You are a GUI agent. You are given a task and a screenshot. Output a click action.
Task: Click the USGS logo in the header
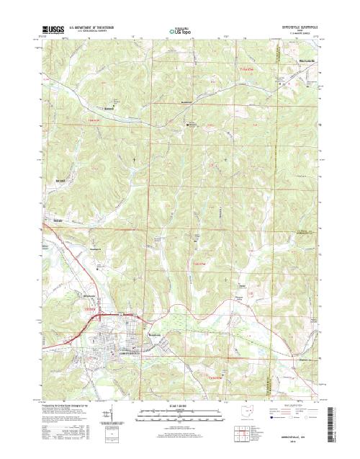click(53, 30)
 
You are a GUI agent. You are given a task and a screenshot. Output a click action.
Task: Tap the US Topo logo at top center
click(179, 31)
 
